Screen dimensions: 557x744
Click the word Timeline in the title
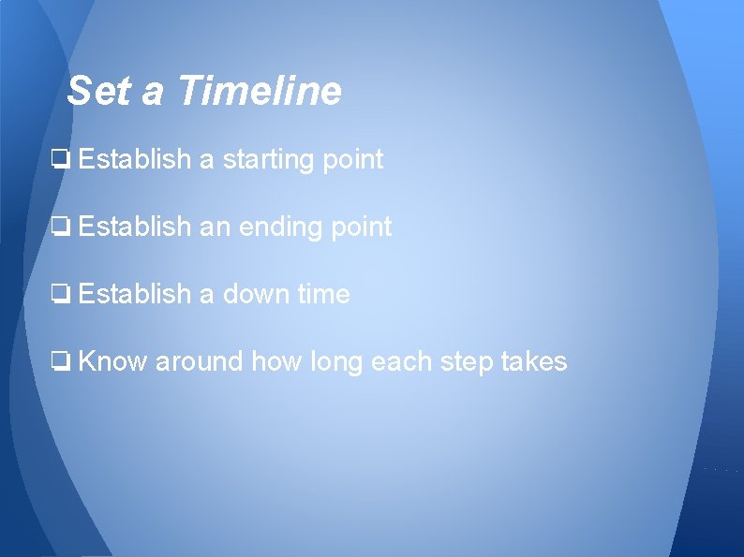pos(259,92)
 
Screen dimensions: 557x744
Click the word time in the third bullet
pos(324,295)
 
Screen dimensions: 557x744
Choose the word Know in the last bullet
pos(112,361)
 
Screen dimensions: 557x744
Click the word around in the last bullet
pos(199,361)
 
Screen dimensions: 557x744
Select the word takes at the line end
pos(536,361)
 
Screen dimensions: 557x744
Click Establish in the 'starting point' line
pos(135,160)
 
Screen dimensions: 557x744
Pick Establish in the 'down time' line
pos(135,295)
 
